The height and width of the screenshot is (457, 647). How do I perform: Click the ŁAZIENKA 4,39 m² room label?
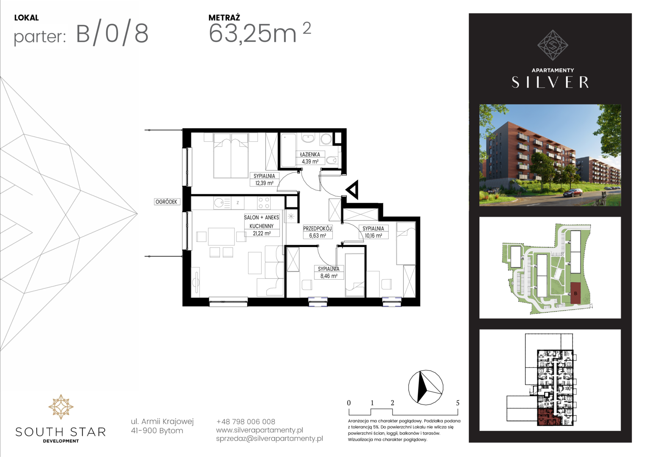point(310,158)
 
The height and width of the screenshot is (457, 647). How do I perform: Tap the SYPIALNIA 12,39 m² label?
point(264,179)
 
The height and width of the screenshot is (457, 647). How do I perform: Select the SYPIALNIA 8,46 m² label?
point(329,272)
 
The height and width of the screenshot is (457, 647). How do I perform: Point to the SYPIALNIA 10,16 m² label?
point(373,232)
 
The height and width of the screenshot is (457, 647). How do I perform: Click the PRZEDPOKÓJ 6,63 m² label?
point(318,232)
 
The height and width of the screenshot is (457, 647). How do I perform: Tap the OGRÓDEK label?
point(166,202)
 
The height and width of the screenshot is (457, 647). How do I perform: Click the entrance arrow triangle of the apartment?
point(352,190)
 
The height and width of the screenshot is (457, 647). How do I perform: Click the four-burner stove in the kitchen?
point(264,203)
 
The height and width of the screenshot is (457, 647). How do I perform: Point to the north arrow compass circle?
point(426,387)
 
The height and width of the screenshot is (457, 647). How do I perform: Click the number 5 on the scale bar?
point(458,403)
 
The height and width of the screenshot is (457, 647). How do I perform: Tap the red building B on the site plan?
point(575,293)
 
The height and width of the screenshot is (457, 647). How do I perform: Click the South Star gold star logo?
point(61,407)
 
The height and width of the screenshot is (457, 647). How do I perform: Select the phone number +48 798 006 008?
point(246,422)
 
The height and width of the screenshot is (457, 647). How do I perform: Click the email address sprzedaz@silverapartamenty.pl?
point(269,438)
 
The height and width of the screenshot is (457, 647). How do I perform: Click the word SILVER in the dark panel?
point(550,82)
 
